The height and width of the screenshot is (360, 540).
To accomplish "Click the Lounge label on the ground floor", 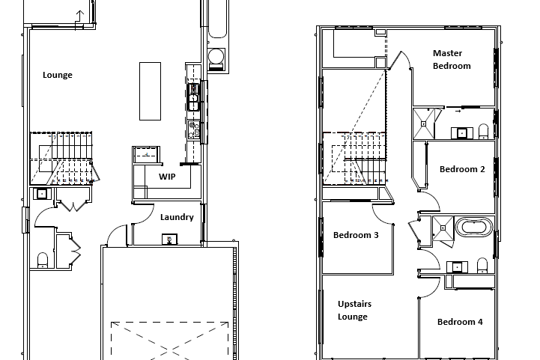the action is click(x=58, y=75).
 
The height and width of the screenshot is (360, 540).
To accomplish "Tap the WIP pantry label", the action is click(x=167, y=177).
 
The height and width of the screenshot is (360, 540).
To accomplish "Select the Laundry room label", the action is click(x=177, y=217).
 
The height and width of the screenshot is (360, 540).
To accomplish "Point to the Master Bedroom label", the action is click(x=452, y=60).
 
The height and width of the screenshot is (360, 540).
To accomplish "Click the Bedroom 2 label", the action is click(x=462, y=169).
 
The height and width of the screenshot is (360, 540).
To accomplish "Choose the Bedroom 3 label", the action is click(x=356, y=235).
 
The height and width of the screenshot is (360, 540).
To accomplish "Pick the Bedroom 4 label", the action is click(x=460, y=322).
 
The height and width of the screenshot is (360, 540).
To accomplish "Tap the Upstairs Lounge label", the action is click(x=354, y=310).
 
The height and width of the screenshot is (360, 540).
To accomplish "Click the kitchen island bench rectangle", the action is click(x=150, y=91).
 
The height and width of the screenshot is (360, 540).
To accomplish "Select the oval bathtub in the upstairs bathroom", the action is click(x=474, y=227).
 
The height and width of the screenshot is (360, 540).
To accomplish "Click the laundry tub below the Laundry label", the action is click(x=169, y=240).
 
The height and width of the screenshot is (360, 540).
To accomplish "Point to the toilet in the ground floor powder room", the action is click(x=43, y=260).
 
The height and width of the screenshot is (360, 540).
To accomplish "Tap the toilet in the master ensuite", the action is click(x=484, y=132).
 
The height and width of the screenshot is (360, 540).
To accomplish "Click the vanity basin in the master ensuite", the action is click(x=461, y=132).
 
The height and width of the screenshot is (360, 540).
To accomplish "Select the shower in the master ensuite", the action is click(x=424, y=123).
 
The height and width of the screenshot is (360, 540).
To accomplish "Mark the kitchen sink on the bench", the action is click(x=193, y=98).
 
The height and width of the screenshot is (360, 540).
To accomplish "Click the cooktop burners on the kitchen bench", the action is click(x=194, y=130).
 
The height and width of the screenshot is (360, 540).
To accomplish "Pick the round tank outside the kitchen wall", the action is click(x=216, y=56).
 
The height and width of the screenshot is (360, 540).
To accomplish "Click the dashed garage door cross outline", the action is click(x=169, y=341).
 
